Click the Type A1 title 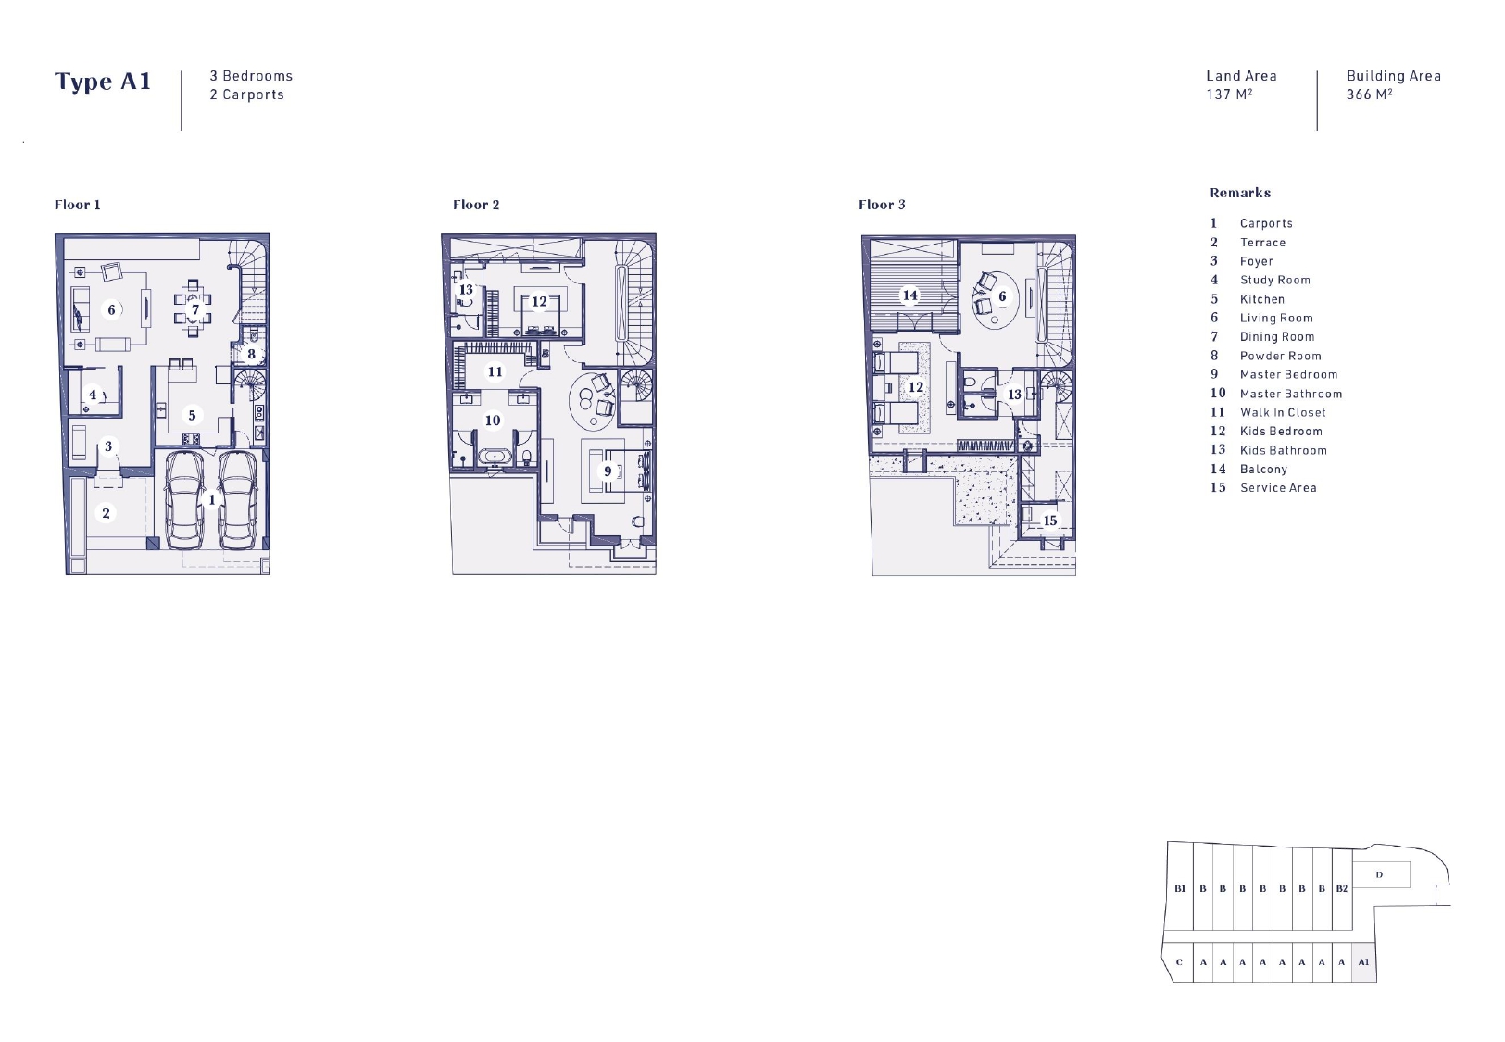(103, 82)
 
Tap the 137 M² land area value (1230, 94)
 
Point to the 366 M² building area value (1369, 94)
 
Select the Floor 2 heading (476, 205)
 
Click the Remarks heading (1240, 193)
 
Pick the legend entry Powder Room (1281, 356)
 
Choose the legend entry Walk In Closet (1284, 412)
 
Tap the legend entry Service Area (1279, 488)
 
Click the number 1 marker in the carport (212, 500)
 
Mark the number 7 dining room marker (195, 309)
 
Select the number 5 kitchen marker (192, 415)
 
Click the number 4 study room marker (93, 395)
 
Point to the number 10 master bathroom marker (493, 421)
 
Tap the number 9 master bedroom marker (608, 471)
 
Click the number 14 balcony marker (909, 295)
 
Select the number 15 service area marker (1049, 521)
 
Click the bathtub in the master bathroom (495, 458)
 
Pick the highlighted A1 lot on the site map (1363, 962)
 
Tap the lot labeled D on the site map (1380, 874)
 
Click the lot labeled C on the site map (1178, 962)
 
